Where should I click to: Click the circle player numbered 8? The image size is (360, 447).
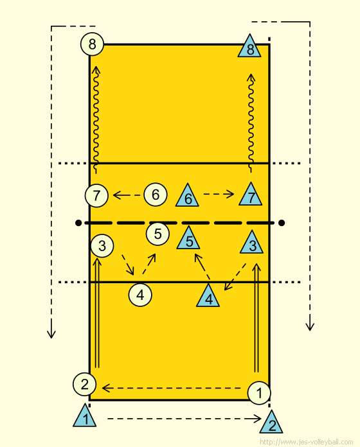[92, 44]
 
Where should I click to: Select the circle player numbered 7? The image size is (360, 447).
[96, 195]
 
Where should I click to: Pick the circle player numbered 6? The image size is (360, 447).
[156, 195]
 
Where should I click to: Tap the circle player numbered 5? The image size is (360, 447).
[157, 234]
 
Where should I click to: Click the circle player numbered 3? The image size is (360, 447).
[102, 246]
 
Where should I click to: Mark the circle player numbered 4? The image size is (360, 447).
[140, 295]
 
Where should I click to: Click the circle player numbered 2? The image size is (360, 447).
[84, 384]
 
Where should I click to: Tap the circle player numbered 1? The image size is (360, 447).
[259, 393]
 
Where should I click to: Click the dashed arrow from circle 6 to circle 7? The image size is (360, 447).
[127, 195]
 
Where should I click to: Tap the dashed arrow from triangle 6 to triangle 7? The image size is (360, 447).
[219, 194]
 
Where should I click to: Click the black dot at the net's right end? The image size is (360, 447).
[282, 223]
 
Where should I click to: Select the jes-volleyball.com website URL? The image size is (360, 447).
[307, 442]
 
